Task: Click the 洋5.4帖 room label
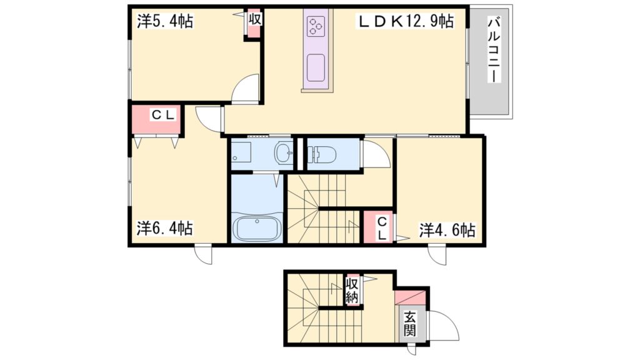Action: pos(165,21)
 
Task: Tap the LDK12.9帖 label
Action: pos(406,21)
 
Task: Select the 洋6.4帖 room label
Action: pos(165,228)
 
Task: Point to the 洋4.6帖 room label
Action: pos(447,230)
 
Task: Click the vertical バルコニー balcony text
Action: pos(494,49)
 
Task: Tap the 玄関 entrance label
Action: pos(410,324)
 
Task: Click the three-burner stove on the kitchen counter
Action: pos(316,25)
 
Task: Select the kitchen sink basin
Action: pos(316,67)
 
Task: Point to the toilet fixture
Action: pos(322,154)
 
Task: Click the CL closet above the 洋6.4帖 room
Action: pos(157,119)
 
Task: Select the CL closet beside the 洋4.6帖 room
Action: pos(379,227)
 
